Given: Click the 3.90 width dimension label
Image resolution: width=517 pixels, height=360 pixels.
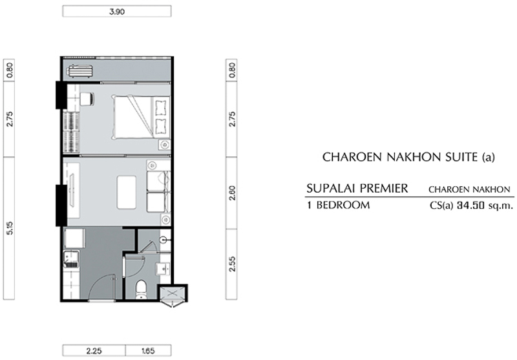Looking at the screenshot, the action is (x=117, y=12).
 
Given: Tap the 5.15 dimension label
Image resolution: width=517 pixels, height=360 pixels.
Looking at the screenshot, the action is (x=10, y=228).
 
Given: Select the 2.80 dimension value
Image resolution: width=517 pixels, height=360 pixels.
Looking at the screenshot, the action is (x=232, y=193).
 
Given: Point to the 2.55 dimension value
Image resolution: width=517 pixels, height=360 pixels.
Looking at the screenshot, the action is (x=232, y=264).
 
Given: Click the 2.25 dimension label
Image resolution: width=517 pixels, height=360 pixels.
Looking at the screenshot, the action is (x=94, y=351).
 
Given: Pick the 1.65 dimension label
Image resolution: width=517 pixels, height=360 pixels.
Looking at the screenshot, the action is (x=148, y=351).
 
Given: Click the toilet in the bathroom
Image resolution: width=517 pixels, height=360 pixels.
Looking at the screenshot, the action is (x=142, y=290).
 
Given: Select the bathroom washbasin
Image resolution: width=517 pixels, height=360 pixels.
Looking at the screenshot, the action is (x=164, y=269).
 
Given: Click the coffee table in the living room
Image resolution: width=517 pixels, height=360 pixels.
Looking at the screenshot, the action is (x=127, y=192).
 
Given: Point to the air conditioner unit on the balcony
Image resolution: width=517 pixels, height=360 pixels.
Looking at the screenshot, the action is (x=79, y=72).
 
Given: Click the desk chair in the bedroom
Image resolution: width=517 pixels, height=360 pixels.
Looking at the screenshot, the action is (x=87, y=99).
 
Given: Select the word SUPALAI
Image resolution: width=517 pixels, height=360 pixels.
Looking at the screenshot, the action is (x=331, y=189).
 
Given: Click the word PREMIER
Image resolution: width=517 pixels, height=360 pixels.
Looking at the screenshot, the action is (x=384, y=189).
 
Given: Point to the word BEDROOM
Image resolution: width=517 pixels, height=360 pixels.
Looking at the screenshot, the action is (x=343, y=205).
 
